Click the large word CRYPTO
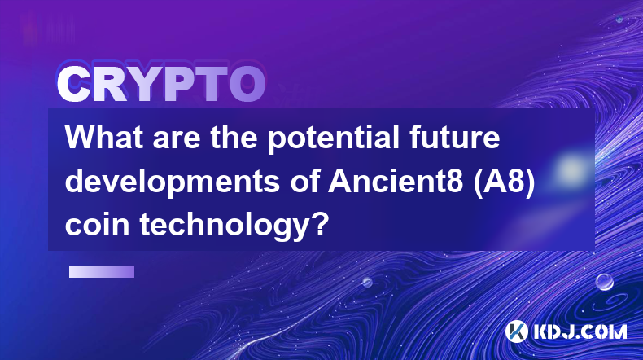pos(161,85)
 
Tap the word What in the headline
pos(105,137)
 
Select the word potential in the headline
pos(334,139)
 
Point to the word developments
pos(173,183)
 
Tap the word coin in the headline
pos(98,226)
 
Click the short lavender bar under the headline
pos(102,271)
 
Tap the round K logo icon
pos(517,331)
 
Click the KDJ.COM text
pos(580,331)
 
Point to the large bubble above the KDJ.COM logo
pos(605,282)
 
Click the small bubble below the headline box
pos(367,282)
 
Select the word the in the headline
pos(234,137)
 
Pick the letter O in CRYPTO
pos(247,85)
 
